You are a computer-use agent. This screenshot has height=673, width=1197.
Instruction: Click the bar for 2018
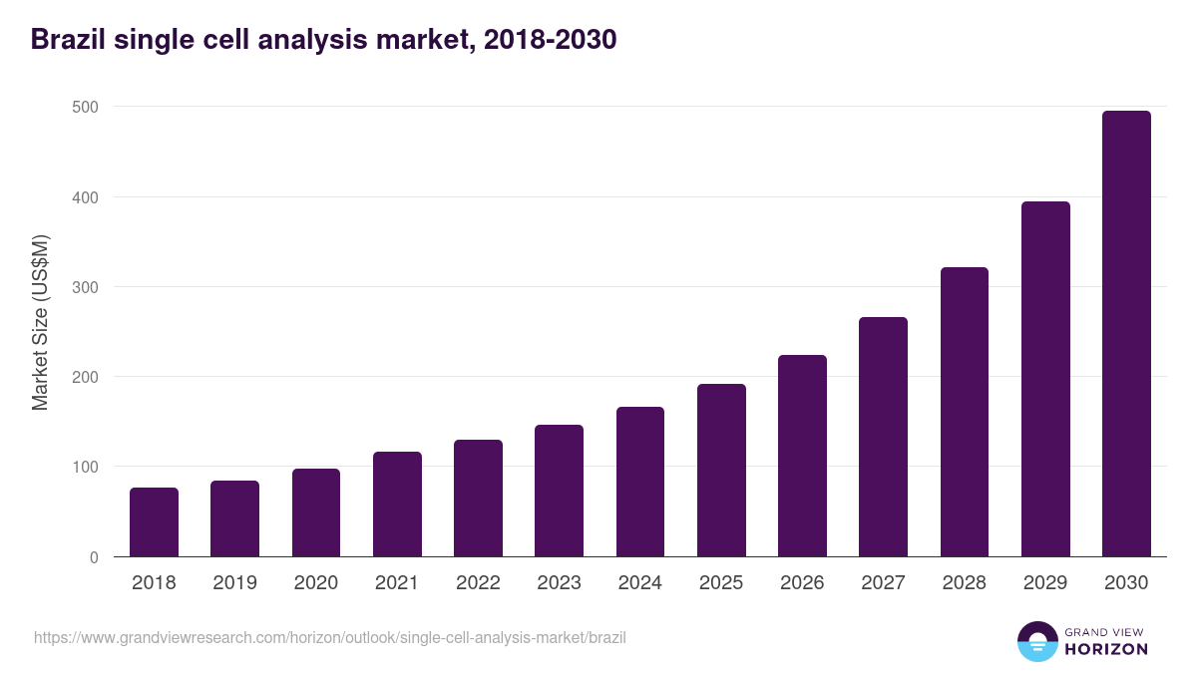pyautogui.click(x=154, y=522)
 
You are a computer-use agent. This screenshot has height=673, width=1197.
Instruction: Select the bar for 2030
pyautogui.click(x=1126, y=334)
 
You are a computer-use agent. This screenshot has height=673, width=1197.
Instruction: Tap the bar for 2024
pyautogui.click(x=640, y=482)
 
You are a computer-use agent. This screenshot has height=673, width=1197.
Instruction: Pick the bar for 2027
pyautogui.click(x=883, y=437)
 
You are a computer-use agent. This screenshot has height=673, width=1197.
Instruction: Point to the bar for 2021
pyautogui.click(x=397, y=505)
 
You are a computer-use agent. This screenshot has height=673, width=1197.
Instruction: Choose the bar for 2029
pyautogui.click(x=1045, y=379)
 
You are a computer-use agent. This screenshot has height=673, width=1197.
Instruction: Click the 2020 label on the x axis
pyautogui.click(x=316, y=583)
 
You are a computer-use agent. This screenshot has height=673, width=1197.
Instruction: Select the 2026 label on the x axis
pyautogui.click(x=802, y=583)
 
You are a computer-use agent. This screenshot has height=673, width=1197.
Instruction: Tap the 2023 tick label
pyautogui.click(x=559, y=583)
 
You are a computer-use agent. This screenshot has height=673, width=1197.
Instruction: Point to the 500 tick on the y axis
pyautogui.click(x=86, y=107)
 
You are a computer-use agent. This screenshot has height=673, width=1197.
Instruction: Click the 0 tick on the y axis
pyautogui.click(x=94, y=557)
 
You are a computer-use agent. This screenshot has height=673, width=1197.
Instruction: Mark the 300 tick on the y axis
pyautogui.click(x=86, y=287)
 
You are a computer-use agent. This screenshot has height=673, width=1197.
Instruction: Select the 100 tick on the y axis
pyautogui.click(x=86, y=468)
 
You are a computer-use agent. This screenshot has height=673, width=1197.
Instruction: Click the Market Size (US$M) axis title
pyautogui.click(x=40, y=323)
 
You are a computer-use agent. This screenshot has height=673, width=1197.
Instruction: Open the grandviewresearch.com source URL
pyautogui.click(x=330, y=637)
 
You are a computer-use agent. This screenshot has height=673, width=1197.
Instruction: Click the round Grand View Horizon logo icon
pyautogui.click(x=1036, y=642)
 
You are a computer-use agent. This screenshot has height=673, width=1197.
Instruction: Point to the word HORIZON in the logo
pyautogui.click(x=1105, y=649)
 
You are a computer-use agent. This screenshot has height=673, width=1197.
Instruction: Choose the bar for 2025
pyautogui.click(x=721, y=470)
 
